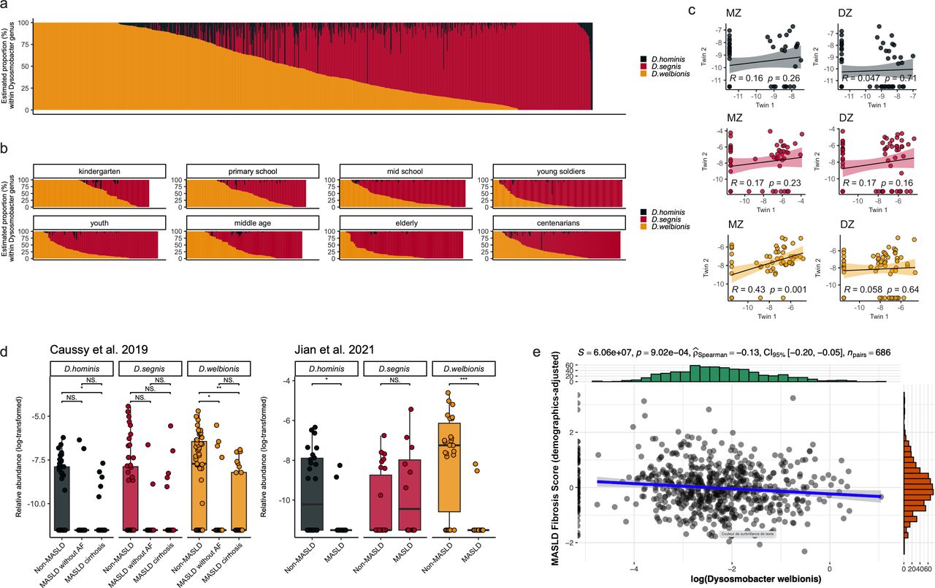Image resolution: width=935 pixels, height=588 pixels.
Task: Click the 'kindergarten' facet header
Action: click(99, 171)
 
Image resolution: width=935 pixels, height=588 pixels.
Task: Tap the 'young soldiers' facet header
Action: click(559, 171)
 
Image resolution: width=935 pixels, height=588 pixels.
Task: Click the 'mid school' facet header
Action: click(405, 171)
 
